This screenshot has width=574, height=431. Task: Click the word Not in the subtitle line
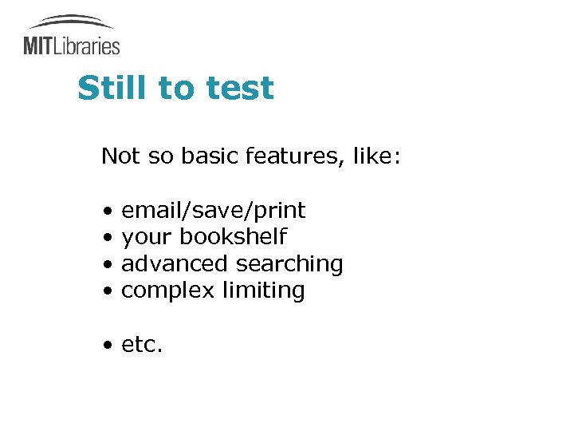(120, 156)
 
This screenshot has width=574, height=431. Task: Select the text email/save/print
(213, 211)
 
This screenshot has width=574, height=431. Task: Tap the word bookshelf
(233, 237)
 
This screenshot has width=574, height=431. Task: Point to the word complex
(167, 291)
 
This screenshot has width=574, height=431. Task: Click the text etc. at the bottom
(142, 345)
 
